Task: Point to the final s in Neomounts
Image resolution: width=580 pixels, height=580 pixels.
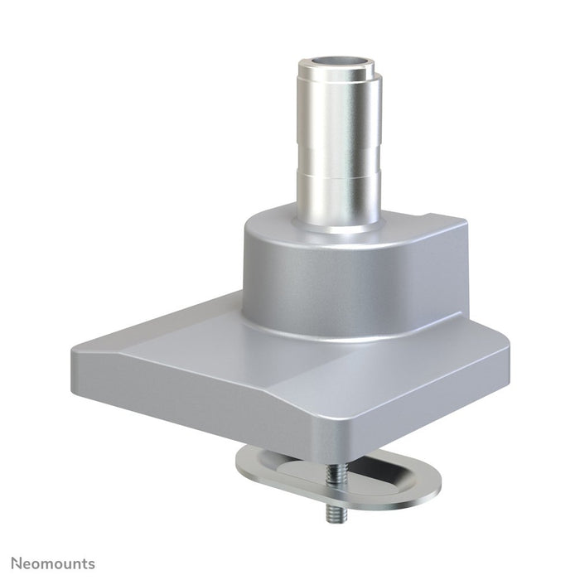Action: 91,564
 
